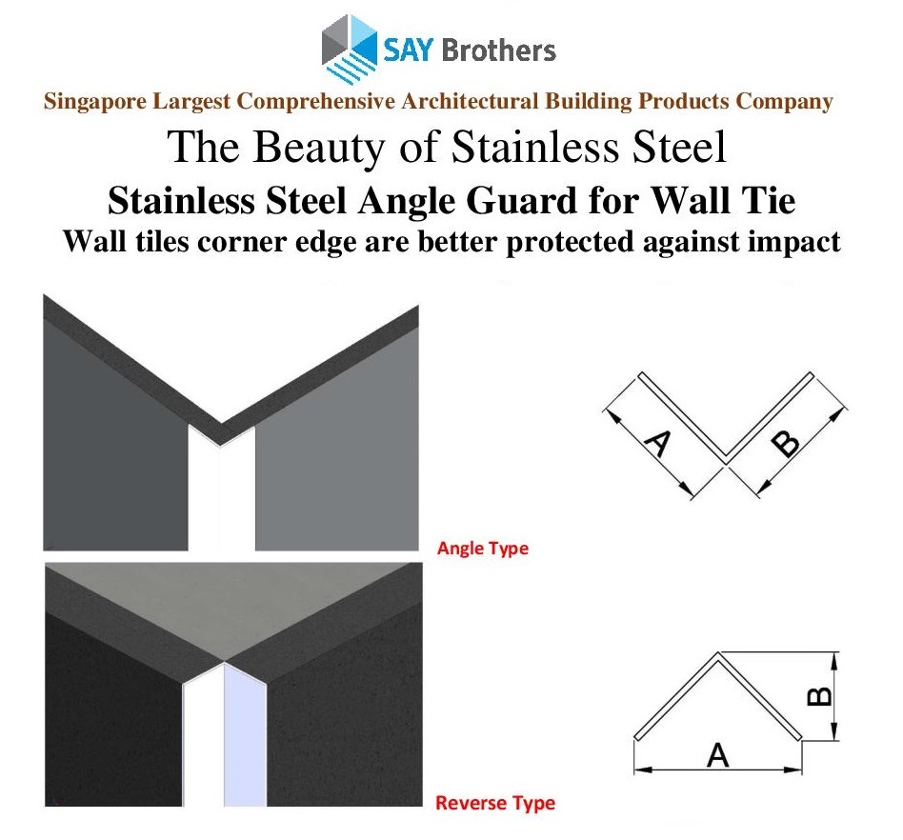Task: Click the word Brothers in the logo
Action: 499,50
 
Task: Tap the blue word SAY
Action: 407,50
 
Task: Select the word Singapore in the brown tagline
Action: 95,102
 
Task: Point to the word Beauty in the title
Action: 321,148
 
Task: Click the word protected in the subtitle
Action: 571,242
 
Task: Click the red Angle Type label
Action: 483,549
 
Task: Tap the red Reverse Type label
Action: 495,803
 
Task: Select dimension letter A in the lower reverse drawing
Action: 717,755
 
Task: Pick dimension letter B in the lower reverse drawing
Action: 819,696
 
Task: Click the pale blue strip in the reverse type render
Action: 245,735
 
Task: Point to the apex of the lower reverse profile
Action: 718,653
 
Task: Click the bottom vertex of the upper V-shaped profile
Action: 726,461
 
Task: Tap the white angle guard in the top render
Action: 222,490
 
